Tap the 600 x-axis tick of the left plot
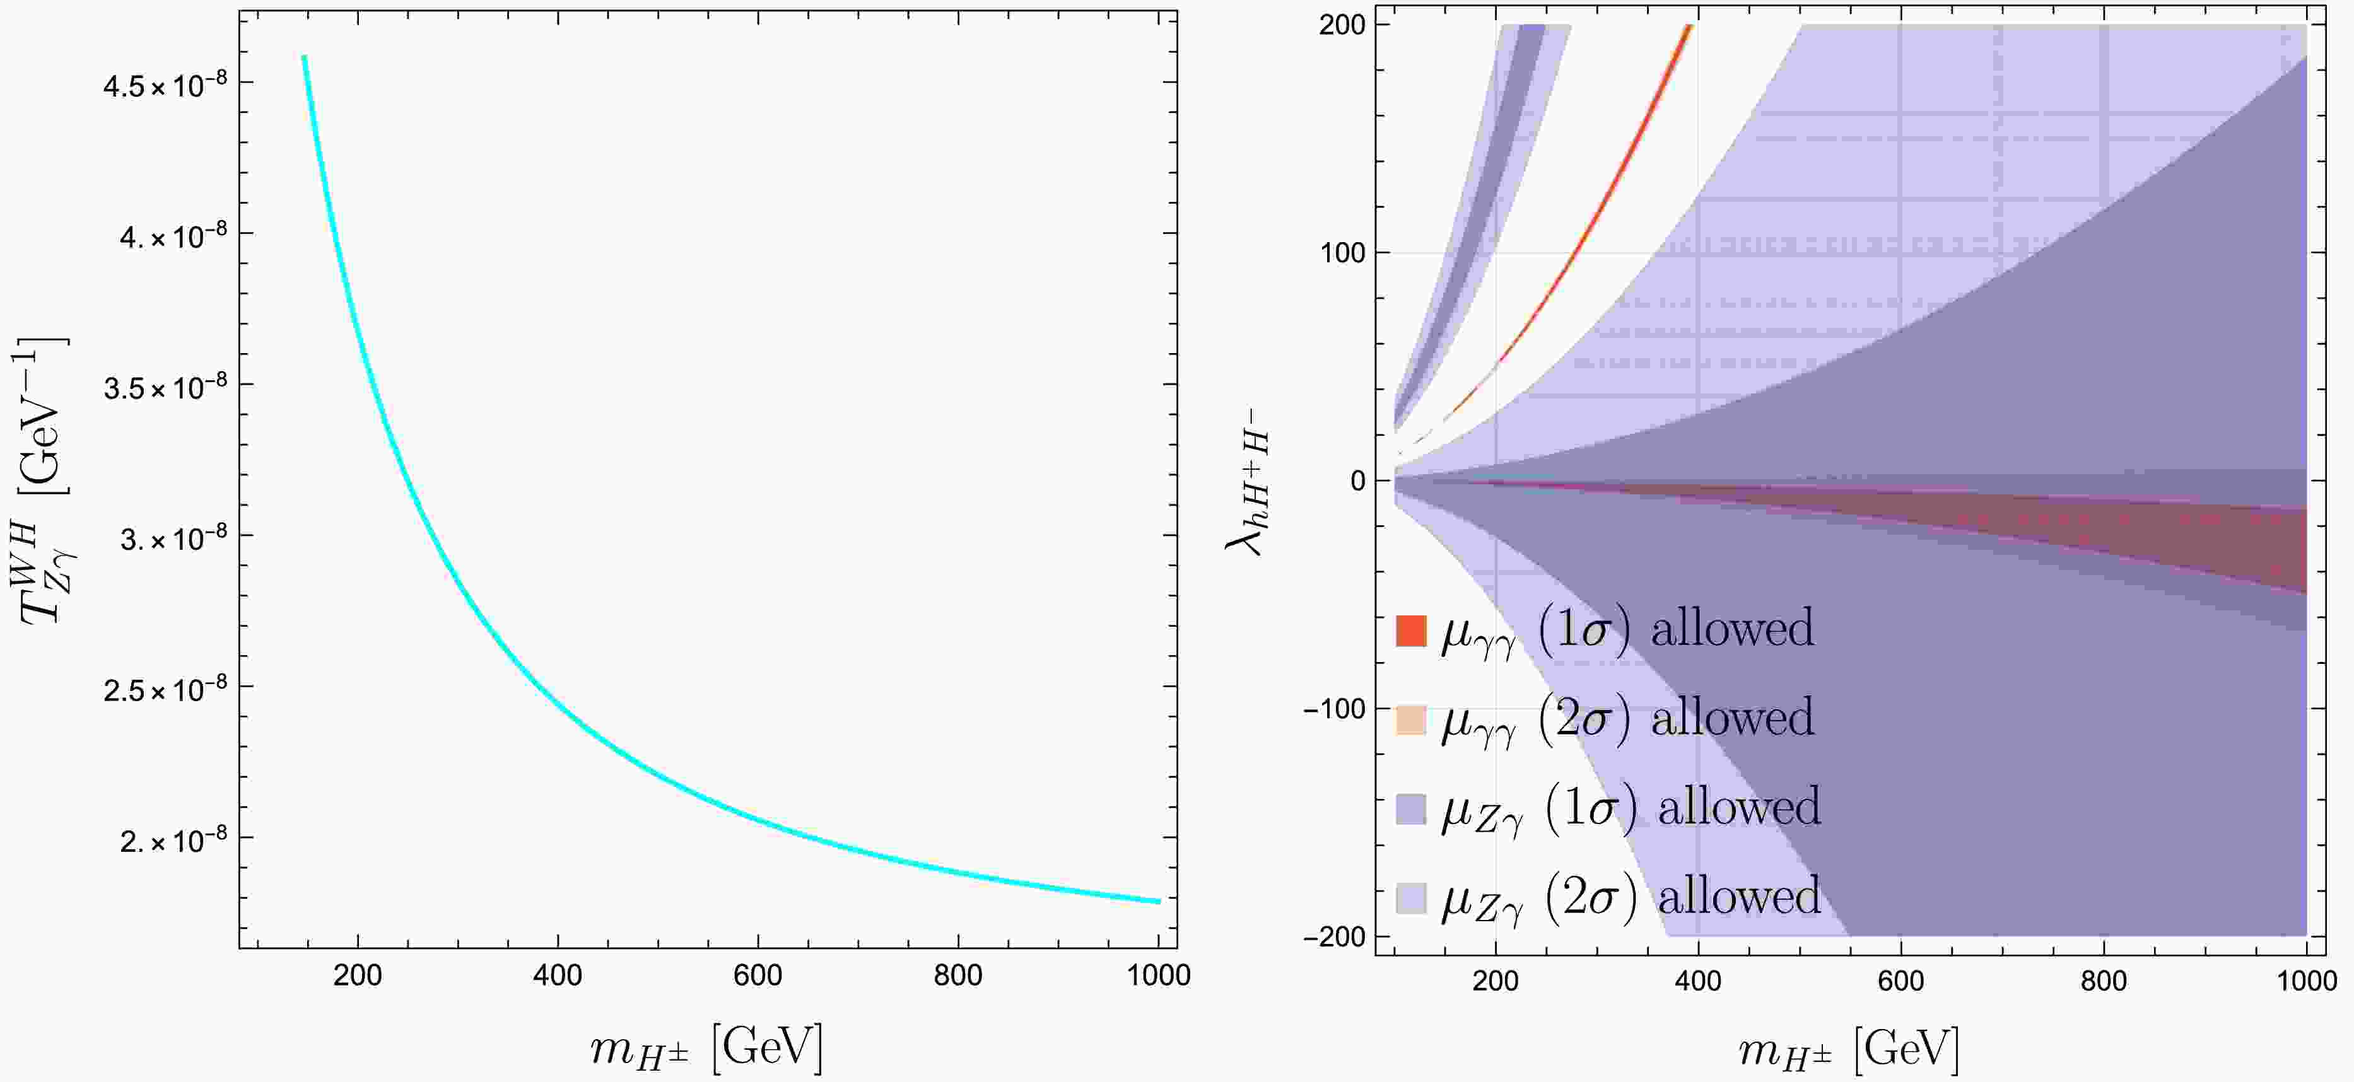(x=758, y=975)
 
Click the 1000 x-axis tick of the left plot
(x=1159, y=975)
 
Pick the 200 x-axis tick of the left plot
(x=357, y=975)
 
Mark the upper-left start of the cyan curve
(x=304, y=57)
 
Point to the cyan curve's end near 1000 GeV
(x=1159, y=901)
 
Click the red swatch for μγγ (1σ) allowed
(x=1411, y=631)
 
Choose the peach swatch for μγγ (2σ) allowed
(x=1411, y=720)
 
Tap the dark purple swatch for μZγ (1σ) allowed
(x=1411, y=809)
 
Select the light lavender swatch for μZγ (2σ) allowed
(x=1411, y=897)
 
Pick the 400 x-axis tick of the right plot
(x=1698, y=982)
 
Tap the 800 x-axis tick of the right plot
(x=2104, y=982)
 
